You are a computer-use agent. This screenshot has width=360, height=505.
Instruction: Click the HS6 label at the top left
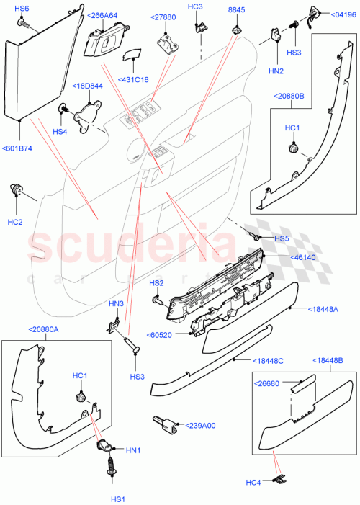pyautogui.click(x=22, y=8)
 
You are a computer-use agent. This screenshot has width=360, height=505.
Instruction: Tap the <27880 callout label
pyautogui.click(x=163, y=17)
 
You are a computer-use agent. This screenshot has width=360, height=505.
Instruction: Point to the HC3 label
pyautogui.click(x=196, y=7)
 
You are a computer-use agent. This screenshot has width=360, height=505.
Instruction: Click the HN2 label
pyautogui.click(x=276, y=71)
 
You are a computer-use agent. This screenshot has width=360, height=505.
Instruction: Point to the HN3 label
pyautogui.click(x=117, y=303)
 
